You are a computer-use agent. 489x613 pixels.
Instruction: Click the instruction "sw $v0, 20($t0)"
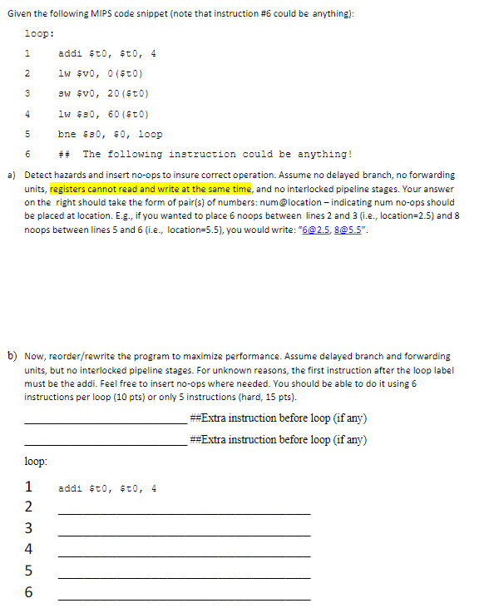(x=103, y=94)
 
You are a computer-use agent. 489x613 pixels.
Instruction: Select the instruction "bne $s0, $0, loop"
(x=110, y=134)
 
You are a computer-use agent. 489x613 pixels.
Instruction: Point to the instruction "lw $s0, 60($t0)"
(x=103, y=114)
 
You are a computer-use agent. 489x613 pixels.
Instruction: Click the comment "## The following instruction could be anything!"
(x=205, y=154)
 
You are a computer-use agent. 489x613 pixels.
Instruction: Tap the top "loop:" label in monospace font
(x=40, y=34)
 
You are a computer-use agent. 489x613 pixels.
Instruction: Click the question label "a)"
(x=12, y=175)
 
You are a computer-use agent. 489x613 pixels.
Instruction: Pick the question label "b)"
(x=12, y=355)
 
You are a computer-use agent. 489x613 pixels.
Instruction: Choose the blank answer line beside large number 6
(x=184, y=599)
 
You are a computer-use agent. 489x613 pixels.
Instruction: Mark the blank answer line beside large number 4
(x=184, y=556)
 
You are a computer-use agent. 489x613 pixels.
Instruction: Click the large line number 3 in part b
(x=29, y=528)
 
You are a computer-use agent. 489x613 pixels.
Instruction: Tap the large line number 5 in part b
(x=29, y=571)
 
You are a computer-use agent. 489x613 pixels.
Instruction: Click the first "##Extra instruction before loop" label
(x=278, y=418)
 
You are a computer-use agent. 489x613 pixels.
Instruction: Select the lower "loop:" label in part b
(x=36, y=460)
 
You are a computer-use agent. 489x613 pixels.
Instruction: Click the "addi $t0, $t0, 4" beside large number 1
(x=107, y=488)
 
